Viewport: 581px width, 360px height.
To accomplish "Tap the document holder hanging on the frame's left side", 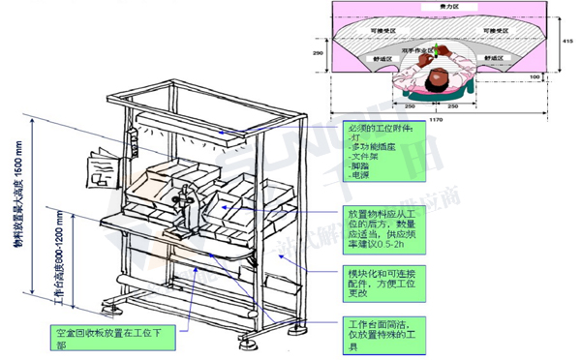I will tap(100, 168).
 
